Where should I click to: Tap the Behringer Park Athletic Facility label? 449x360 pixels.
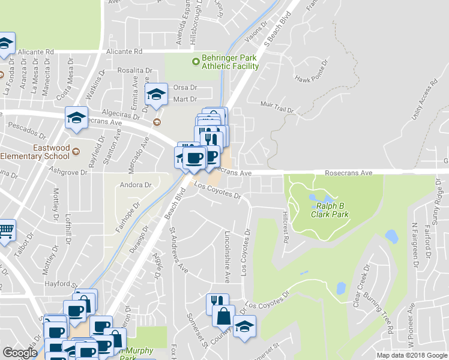(230, 62)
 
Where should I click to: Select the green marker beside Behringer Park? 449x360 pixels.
(194, 61)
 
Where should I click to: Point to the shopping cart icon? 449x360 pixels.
(5, 230)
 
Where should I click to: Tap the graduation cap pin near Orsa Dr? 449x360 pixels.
(156, 94)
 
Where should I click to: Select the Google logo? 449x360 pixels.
(20, 353)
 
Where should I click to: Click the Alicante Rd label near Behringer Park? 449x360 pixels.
(123, 52)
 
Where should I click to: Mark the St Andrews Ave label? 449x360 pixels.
(178, 250)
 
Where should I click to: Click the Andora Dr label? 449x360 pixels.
(135, 185)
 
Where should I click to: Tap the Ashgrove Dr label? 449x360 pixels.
(71, 172)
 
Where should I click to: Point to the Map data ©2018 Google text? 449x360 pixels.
(412, 355)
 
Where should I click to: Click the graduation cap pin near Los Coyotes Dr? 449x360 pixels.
(244, 327)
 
